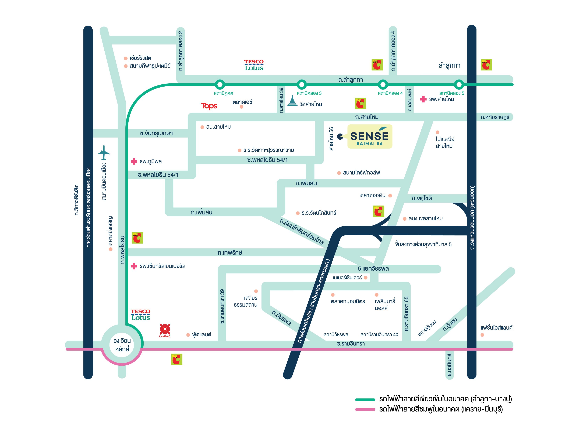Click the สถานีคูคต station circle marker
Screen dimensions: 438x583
pos(220,84)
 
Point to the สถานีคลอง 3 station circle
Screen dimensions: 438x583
pos(302,84)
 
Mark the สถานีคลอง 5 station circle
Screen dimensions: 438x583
pos(459,84)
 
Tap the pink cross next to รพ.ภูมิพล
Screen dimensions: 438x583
pos(134,161)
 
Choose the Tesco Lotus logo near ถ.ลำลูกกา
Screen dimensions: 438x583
pos(254,65)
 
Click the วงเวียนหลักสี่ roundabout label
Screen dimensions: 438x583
pos(122,345)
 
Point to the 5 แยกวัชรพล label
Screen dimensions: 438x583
pos(373,269)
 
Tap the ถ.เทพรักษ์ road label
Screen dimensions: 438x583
pos(230,253)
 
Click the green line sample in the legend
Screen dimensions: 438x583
pos(365,399)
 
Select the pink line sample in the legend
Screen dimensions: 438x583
pos(365,409)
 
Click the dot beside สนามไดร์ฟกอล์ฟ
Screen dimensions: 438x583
pos(339,173)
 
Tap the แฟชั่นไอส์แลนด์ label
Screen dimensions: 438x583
pos(496,328)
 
